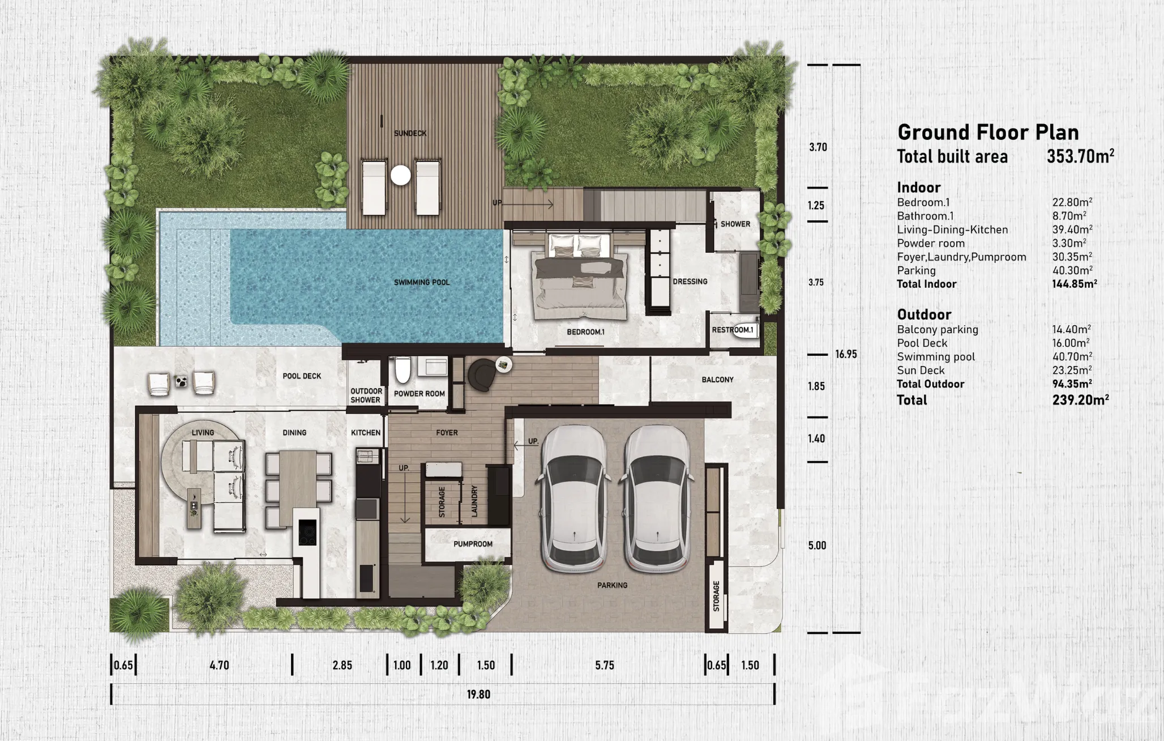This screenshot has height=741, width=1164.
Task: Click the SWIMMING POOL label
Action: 422,282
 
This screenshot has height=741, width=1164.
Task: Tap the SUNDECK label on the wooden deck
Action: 410,133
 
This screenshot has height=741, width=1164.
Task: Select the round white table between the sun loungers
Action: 400,175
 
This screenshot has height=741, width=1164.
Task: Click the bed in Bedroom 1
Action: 579,278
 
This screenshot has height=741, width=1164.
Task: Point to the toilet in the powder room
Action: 403,370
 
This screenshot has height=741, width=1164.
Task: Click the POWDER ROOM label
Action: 420,394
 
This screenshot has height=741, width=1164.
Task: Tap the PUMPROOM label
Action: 473,544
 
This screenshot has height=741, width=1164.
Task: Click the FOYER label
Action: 447,433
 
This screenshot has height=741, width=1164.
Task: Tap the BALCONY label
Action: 717,380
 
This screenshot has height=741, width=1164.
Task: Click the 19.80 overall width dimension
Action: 478,695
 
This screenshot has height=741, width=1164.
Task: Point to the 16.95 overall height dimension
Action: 846,355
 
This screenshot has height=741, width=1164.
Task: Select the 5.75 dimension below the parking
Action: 605,665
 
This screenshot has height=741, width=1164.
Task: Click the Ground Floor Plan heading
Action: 988,133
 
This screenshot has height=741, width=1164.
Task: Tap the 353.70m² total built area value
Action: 1080,156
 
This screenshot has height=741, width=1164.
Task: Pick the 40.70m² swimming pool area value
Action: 1072,357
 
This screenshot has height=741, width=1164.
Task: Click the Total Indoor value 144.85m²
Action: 1075,284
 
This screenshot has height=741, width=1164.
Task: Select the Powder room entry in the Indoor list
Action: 931,244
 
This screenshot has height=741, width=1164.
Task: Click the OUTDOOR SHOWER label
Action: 366,395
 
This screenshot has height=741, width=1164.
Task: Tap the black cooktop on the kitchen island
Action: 307,533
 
